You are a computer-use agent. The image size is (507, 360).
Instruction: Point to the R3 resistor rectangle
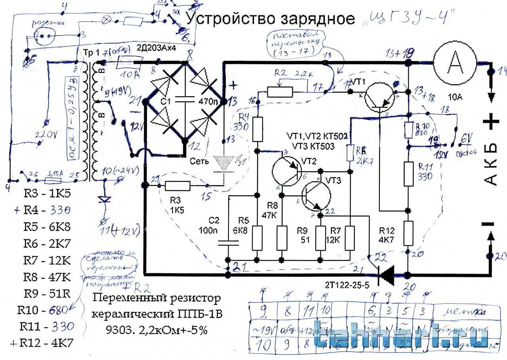(177, 185)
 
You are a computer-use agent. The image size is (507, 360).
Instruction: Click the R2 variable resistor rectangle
(280, 92)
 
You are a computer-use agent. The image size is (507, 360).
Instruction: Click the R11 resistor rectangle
(409, 174)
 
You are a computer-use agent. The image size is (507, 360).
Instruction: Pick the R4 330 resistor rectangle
(258, 129)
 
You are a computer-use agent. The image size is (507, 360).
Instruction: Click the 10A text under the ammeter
(454, 96)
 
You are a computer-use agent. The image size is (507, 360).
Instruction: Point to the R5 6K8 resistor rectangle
(257, 238)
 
